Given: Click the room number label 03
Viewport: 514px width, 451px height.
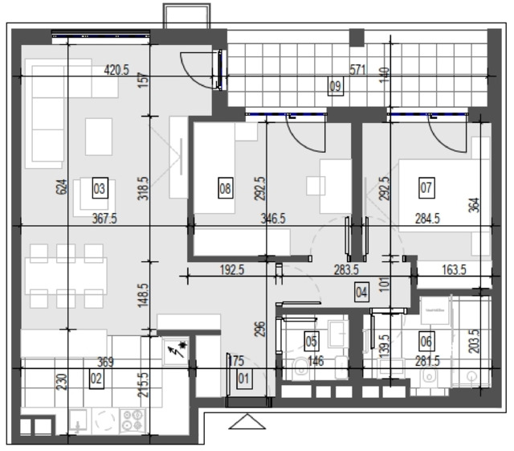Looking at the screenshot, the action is [x=100, y=188].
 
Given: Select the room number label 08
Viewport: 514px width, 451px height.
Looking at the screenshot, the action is [x=226, y=188].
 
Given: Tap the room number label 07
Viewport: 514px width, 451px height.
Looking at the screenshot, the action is [x=426, y=188].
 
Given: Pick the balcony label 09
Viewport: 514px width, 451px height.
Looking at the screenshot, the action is [x=336, y=86].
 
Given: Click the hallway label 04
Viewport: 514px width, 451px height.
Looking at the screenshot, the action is [x=361, y=292].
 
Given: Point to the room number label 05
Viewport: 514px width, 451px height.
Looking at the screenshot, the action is [x=312, y=341].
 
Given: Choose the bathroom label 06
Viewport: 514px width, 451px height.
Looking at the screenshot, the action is [x=426, y=342].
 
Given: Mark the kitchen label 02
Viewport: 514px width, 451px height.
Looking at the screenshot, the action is [x=96, y=379].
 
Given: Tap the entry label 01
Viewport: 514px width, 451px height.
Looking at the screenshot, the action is [x=243, y=379].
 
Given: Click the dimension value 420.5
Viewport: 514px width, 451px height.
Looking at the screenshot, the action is [x=116, y=70].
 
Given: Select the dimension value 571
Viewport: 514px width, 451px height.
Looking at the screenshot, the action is [x=357, y=70].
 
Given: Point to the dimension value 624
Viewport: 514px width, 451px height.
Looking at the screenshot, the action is [x=62, y=187].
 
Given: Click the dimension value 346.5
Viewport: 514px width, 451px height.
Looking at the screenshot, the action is [x=273, y=219].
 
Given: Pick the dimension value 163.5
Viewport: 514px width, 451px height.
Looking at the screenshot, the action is [x=454, y=270].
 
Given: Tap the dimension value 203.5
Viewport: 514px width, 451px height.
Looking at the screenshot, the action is [x=474, y=342].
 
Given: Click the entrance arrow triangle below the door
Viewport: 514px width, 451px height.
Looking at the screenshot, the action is [x=247, y=422].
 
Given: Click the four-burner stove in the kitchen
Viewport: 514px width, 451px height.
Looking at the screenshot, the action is [x=133, y=420].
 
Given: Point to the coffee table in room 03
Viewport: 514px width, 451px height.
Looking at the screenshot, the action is [x=99, y=137].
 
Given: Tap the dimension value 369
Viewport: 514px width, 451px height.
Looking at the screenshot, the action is [x=105, y=362].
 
